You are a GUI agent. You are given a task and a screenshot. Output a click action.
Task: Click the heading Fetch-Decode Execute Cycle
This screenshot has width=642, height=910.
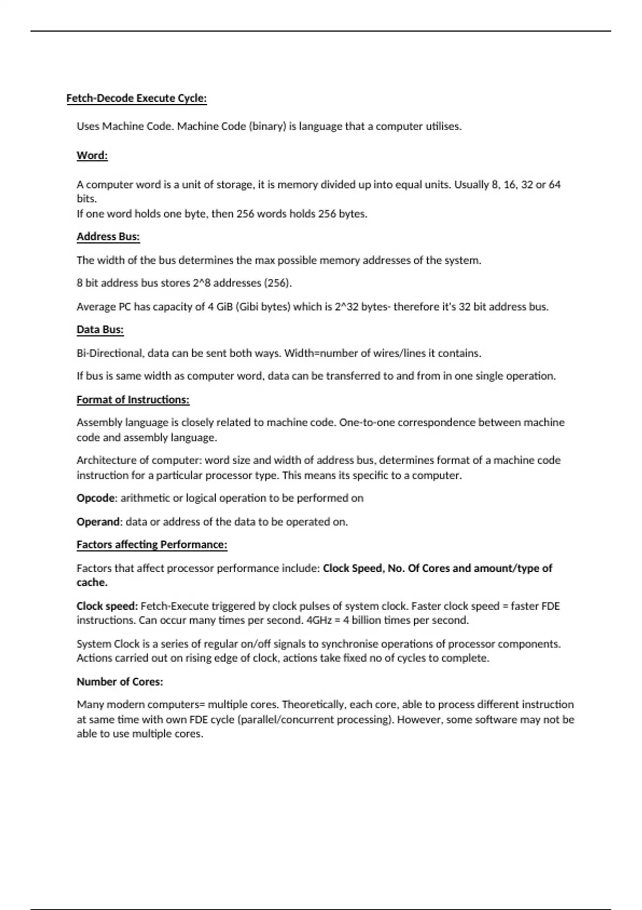click(x=136, y=98)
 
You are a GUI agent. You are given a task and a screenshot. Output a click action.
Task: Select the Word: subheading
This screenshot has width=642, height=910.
click(x=92, y=156)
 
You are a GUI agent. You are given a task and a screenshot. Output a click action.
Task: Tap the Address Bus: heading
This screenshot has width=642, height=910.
click(x=108, y=237)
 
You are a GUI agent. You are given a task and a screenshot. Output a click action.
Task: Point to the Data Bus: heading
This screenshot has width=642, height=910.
click(x=100, y=330)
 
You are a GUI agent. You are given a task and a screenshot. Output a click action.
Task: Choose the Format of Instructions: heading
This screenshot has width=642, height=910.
click(x=133, y=400)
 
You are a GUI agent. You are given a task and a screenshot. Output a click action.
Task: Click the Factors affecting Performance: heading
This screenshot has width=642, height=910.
click(x=151, y=545)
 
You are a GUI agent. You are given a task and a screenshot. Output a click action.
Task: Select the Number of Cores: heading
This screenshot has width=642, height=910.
click(x=119, y=682)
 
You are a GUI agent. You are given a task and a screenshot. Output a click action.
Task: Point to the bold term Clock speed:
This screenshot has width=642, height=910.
click(x=107, y=606)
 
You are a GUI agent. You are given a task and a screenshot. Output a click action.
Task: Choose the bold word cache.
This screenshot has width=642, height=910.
click(x=91, y=582)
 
